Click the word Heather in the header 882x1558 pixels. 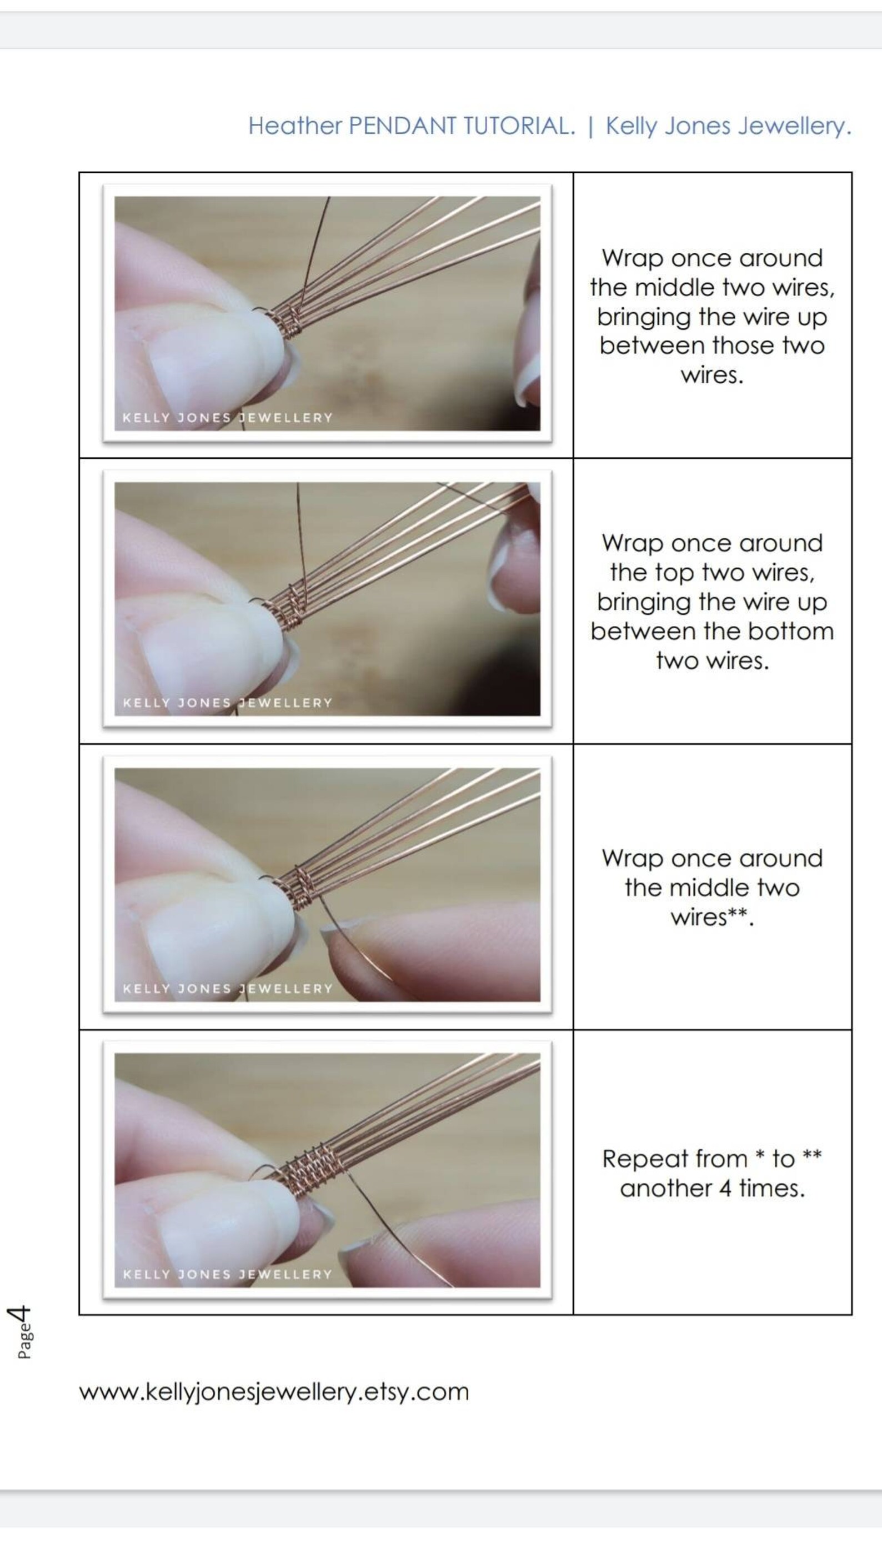click(295, 126)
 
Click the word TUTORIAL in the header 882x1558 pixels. click(519, 126)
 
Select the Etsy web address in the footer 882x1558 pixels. click(274, 1392)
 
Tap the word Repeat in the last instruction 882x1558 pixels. click(674, 1159)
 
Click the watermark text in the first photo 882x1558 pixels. click(227, 417)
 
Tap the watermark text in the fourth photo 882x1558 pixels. click(227, 1274)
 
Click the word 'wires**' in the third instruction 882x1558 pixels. click(712, 917)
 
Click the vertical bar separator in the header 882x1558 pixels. click(590, 126)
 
